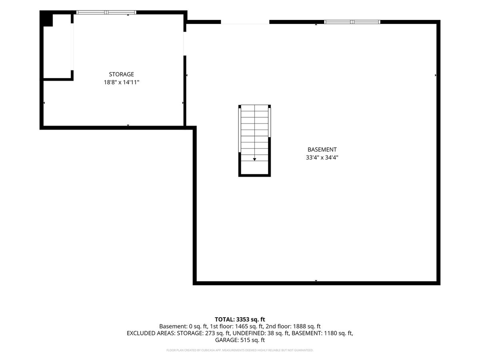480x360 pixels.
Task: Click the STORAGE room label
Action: tap(121, 74)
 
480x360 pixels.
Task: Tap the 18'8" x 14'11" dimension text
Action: tap(121, 82)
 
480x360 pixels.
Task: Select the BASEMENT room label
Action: tap(322, 150)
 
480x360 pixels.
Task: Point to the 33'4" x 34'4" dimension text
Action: tap(322, 157)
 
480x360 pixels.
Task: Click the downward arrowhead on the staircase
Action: tap(254, 159)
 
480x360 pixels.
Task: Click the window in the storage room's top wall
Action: tap(106, 12)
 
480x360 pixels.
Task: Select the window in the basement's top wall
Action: tap(352, 22)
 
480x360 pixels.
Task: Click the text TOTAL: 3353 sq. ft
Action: tap(240, 319)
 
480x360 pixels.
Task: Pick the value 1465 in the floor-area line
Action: tap(241, 326)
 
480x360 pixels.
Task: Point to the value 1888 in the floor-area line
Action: tap(299, 326)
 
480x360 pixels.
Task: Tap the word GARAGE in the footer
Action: tap(226, 340)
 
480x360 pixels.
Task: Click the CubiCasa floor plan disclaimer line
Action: tap(240, 350)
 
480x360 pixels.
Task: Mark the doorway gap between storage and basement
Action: tap(185, 44)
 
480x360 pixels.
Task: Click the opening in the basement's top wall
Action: tap(245, 22)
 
